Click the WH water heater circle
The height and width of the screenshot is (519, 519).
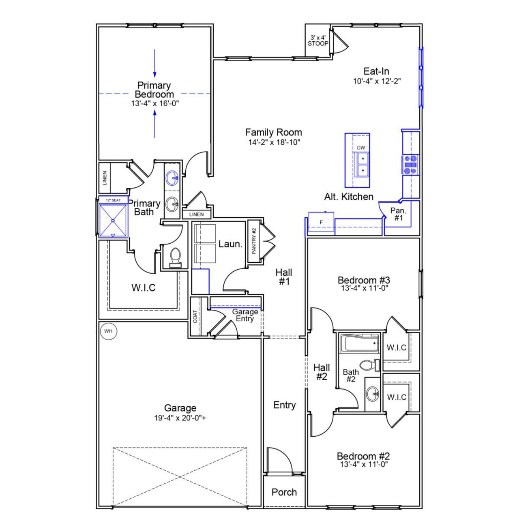point(108,331)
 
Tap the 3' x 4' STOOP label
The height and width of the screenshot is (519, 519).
point(318,41)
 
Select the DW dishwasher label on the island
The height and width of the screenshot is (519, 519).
point(361,148)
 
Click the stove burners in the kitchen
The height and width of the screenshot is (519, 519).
point(410,165)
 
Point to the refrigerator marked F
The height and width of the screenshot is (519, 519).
point(321,223)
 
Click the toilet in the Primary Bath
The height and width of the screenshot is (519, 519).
point(175,257)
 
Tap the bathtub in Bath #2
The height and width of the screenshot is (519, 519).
point(359,344)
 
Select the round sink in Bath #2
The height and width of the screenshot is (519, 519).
point(373,393)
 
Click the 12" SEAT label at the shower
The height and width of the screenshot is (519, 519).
point(113,200)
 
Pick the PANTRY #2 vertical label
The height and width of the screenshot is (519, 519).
point(254,241)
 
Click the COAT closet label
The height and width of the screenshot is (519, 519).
point(195,317)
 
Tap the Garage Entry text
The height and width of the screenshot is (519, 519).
point(245,315)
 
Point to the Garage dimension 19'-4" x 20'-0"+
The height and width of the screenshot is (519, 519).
point(180,418)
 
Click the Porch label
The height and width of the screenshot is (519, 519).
point(284,492)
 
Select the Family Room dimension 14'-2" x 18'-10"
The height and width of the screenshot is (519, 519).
point(274,142)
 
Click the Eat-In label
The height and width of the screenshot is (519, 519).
point(376,71)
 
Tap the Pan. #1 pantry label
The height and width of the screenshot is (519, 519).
point(398,214)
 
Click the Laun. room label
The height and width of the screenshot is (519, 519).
point(230,244)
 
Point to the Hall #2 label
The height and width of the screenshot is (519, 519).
point(322,372)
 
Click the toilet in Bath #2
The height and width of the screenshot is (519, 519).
point(368,365)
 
